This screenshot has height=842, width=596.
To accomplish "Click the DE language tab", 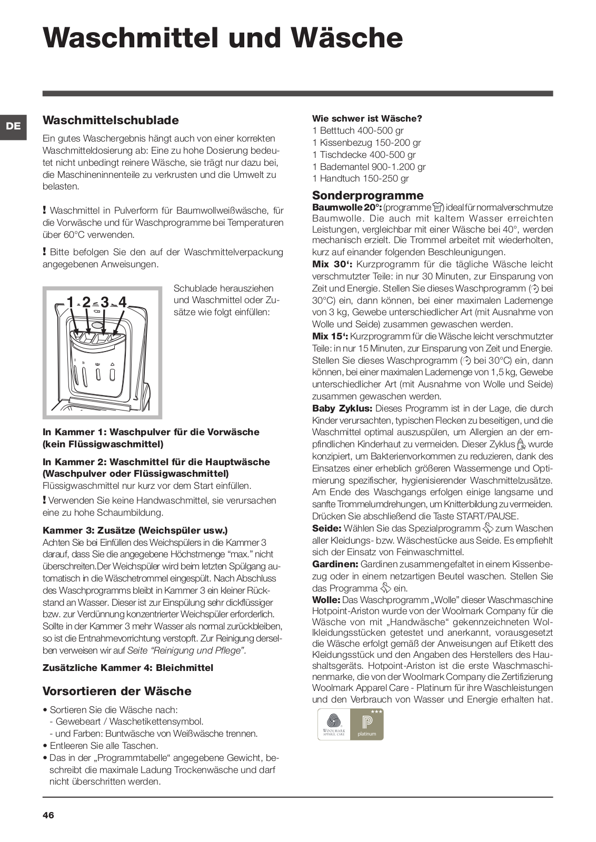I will click(14, 126).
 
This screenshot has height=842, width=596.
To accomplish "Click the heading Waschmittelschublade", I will click(111, 121).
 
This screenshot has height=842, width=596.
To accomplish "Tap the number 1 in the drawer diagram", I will click(70, 302).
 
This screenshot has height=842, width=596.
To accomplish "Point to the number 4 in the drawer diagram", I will click(123, 302).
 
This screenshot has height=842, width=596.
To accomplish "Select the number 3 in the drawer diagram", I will click(105, 302).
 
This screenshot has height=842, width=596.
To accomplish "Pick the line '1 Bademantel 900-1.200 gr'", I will click(369, 167).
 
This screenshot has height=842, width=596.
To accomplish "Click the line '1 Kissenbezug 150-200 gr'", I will click(366, 143).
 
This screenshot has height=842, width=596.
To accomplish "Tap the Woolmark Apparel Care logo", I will click(334, 725).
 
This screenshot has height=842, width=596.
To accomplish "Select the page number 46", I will click(48, 816).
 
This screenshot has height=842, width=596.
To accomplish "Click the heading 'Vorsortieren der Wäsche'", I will click(117, 691).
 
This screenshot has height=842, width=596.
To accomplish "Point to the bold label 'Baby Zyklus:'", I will click(342, 408).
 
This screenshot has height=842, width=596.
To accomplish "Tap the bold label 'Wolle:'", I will click(326, 600).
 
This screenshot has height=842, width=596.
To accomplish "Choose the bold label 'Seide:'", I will click(326, 528).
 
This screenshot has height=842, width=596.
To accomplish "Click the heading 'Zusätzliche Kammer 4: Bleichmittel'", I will click(128, 668).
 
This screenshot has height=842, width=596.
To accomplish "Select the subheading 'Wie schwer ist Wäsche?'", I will click(367, 119).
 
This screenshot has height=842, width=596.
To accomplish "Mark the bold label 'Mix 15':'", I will click(330, 336).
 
